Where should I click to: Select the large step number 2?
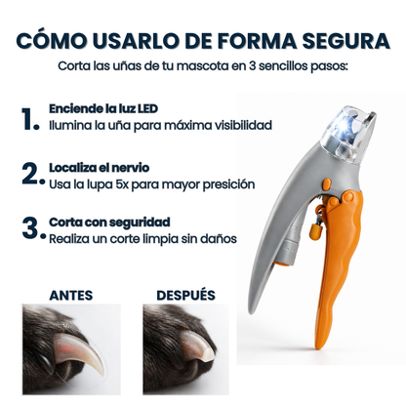30,175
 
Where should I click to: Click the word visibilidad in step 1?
237,125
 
